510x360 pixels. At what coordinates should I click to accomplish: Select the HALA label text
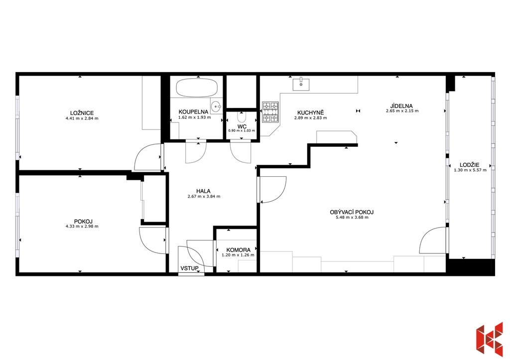point(203,191)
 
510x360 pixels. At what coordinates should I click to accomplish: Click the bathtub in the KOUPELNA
point(197,87)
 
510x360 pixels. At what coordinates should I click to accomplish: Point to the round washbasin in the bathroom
point(216,106)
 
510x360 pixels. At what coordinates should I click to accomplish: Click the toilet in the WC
point(242,117)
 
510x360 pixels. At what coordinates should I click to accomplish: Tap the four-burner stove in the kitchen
point(270,112)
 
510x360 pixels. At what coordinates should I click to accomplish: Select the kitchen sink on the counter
point(301,84)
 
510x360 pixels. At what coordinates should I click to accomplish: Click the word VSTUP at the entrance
point(190,268)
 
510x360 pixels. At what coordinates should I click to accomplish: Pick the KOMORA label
point(239,250)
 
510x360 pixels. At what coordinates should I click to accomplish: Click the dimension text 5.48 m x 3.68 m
point(352,217)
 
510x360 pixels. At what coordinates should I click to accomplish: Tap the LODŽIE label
point(469,165)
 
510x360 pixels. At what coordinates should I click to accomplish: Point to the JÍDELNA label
point(402,106)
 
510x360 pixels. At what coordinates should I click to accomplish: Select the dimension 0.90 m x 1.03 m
point(242,130)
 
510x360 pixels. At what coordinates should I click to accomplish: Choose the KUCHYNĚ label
point(306,113)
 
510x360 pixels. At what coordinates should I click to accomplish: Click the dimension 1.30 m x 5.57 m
point(470,170)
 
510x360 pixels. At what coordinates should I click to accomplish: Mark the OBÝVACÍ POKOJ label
point(352,212)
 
